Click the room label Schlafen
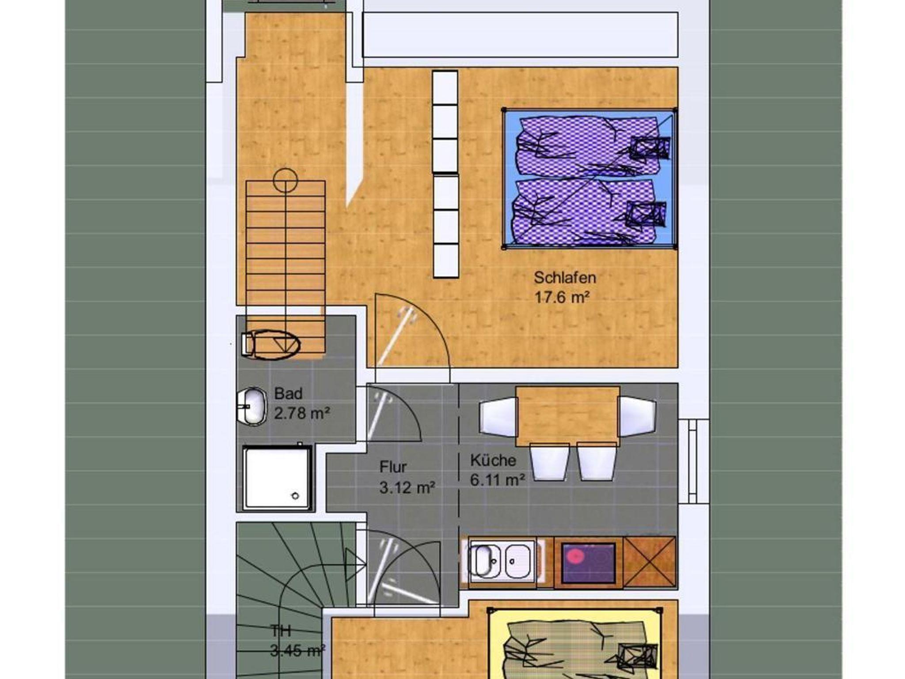click(x=565, y=278)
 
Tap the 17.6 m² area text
click(x=562, y=298)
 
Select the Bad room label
click(x=288, y=393)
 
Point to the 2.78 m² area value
click(x=302, y=413)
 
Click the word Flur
click(x=393, y=467)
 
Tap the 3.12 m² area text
click(x=407, y=487)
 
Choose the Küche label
click(x=493, y=460)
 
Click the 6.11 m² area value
click(x=498, y=480)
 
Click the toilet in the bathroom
click(x=270, y=344)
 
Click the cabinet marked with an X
click(x=649, y=562)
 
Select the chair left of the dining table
click(x=498, y=416)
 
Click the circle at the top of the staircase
click(x=285, y=180)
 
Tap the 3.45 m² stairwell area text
click(x=297, y=651)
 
